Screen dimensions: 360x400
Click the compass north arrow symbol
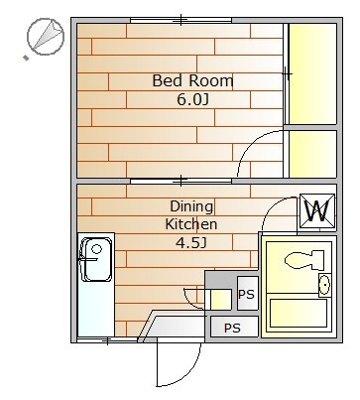click(46, 36)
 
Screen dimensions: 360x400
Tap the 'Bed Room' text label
click(192, 80)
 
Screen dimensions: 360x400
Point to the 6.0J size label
click(192, 99)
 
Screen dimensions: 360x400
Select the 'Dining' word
click(191, 206)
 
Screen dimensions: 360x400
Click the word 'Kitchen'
click(191, 224)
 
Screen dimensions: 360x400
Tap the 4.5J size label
click(191, 243)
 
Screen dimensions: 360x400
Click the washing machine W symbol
click(317, 211)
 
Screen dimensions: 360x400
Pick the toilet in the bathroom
click(304, 259)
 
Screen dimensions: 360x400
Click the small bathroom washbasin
click(324, 285)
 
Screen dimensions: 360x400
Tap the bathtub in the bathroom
click(299, 313)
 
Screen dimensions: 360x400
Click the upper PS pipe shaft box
click(248, 294)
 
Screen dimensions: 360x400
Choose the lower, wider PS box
click(234, 327)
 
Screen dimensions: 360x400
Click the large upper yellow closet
click(312, 73)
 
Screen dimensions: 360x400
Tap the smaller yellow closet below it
click(312, 154)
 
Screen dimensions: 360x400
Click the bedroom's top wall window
click(180, 20)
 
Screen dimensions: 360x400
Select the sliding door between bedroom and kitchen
click(180, 181)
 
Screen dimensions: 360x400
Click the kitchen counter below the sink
click(96, 310)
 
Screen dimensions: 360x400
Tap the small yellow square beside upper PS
click(221, 300)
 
